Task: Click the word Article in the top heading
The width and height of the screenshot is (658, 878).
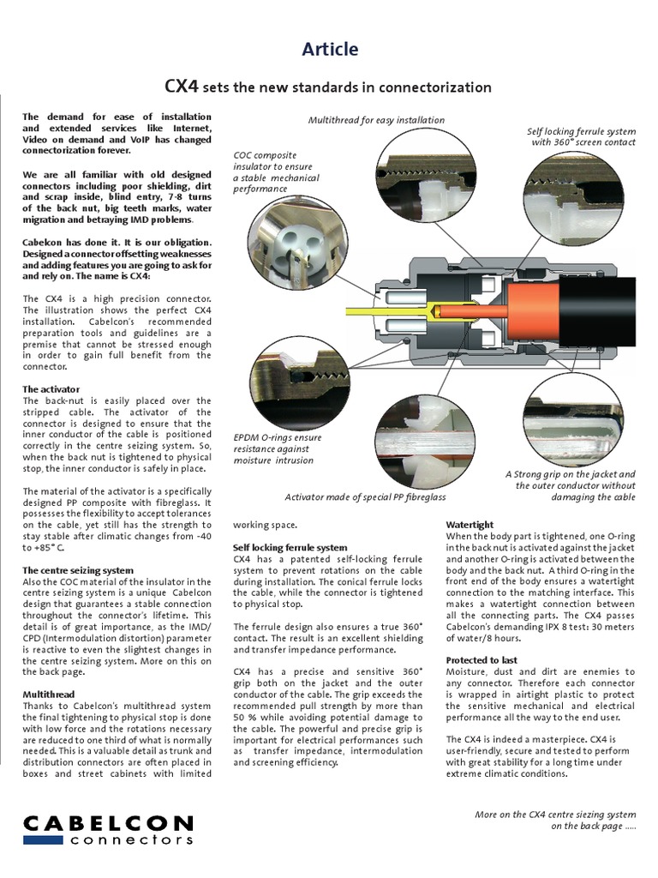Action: (330, 50)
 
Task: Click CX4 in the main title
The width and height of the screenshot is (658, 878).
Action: (181, 87)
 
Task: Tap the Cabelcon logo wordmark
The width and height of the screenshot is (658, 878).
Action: (109, 825)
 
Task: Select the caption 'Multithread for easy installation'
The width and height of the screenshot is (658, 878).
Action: (376, 120)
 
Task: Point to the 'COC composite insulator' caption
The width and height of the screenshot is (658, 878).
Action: (276, 171)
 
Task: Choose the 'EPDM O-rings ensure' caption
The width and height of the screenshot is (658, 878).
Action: (278, 448)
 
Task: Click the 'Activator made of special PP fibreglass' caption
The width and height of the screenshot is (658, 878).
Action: (365, 496)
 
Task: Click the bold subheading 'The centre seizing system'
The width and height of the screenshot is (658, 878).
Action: (77, 570)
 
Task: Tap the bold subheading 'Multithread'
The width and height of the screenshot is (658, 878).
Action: (49, 694)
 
